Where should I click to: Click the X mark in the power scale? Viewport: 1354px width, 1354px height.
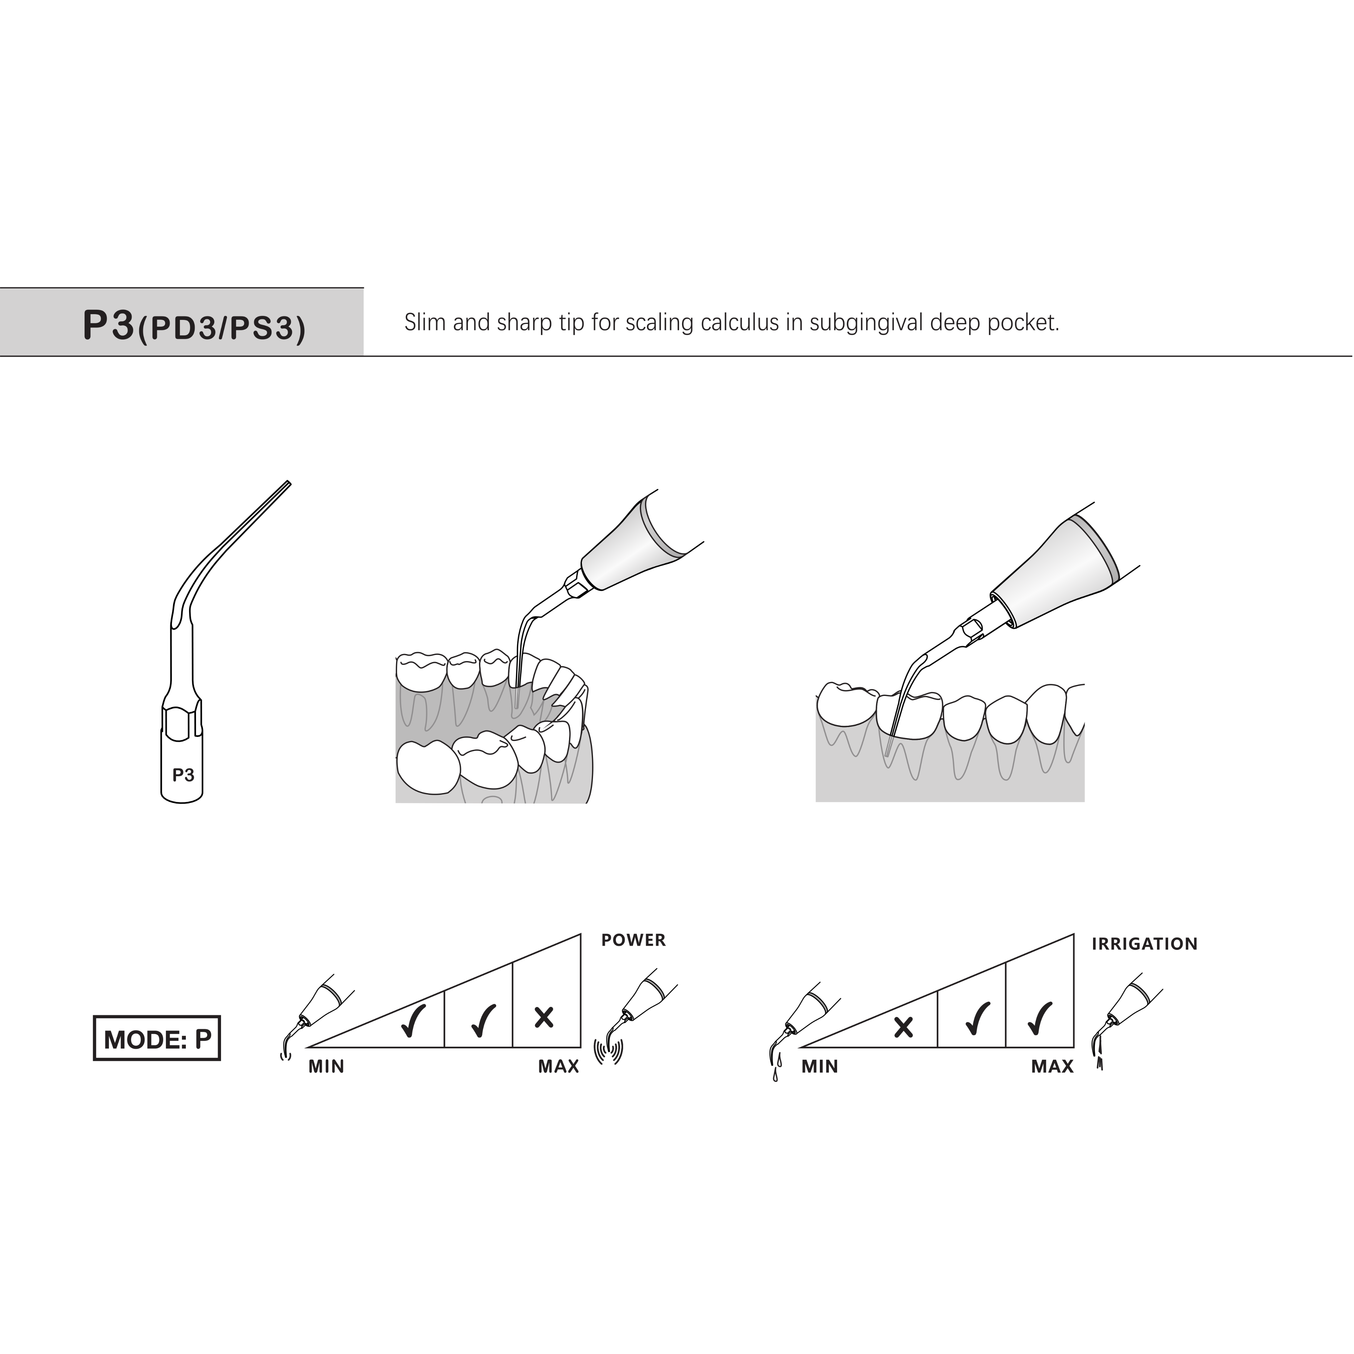[x=544, y=1017]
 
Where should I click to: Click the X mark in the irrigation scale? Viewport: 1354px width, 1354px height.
[x=903, y=1027]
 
